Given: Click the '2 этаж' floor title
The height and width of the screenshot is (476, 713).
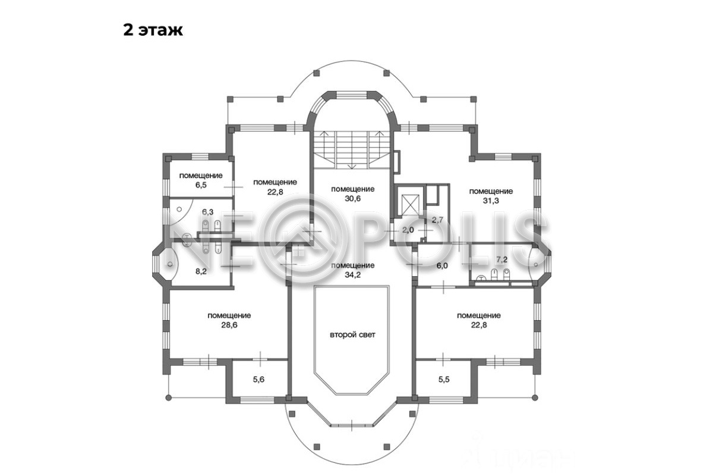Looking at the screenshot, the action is [153, 30].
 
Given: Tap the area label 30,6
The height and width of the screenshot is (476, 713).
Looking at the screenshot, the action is [353, 199].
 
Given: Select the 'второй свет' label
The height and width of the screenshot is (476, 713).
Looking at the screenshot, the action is [352, 335].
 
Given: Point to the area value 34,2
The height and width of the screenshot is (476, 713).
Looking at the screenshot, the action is [353, 275].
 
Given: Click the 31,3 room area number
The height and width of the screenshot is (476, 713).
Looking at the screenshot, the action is [491, 201].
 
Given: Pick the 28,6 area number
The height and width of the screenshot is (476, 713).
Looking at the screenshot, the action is [229, 325].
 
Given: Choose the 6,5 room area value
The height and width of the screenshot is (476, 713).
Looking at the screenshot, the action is [201, 185].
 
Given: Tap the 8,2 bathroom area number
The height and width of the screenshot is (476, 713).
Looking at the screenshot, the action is [201, 271].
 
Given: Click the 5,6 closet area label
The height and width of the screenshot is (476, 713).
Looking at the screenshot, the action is [258, 380].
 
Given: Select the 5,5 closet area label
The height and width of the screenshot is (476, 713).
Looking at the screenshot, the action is [444, 380].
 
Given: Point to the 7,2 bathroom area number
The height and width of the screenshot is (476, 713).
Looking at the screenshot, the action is [502, 259].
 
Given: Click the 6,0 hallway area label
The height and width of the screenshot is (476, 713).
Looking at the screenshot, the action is [442, 265].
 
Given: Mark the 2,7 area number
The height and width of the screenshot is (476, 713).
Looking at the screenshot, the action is [437, 220].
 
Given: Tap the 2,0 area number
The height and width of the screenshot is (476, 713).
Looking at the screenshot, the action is [408, 230].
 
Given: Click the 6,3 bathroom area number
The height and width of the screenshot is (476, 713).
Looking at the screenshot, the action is [208, 212].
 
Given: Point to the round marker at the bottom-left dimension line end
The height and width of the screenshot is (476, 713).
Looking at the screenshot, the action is [169, 397].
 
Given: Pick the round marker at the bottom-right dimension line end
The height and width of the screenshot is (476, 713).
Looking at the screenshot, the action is [535, 397].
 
